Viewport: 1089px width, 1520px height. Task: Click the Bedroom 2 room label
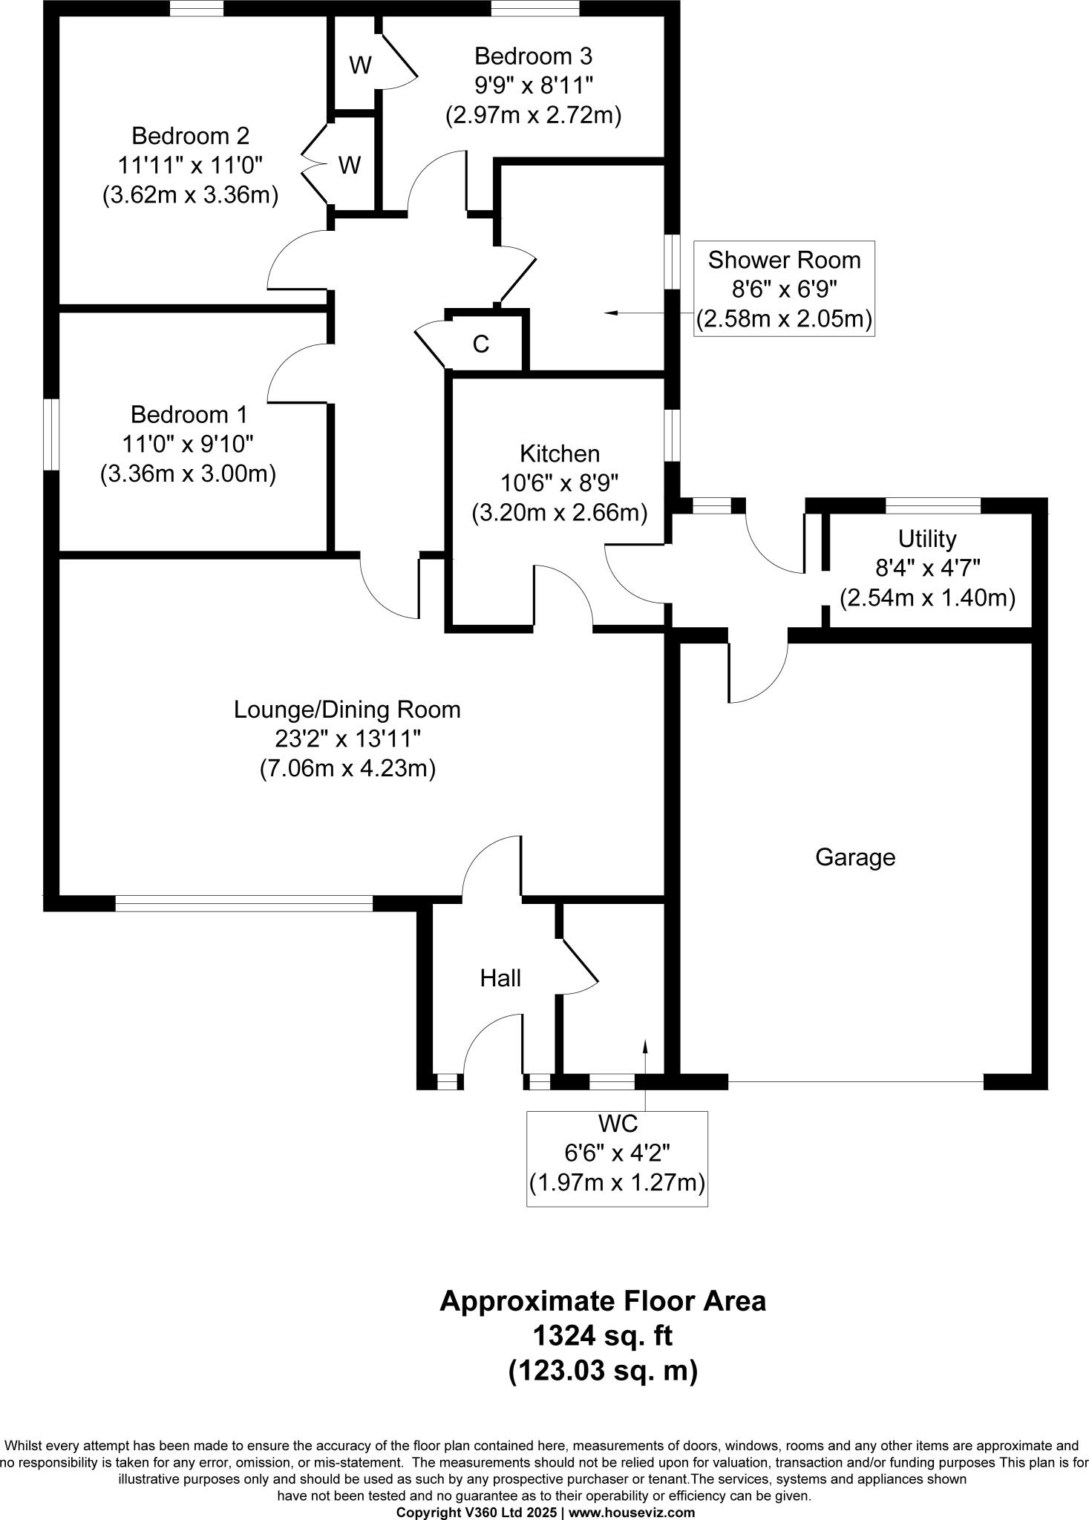point(190,136)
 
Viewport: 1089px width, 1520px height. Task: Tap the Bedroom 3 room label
point(533,56)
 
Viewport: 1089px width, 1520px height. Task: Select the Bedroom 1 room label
point(189,414)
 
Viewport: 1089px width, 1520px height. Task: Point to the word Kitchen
point(559,453)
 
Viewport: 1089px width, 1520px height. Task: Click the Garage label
point(855,857)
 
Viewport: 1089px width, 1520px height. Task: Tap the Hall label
point(500,978)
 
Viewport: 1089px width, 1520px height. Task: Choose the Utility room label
point(927,538)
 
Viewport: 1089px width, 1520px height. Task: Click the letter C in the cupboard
point(481,344)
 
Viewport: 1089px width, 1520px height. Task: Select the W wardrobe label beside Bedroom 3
point(360,65)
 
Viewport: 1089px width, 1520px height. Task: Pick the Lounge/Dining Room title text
point(347,710)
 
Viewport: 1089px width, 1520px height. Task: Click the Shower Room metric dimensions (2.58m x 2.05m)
point(784,319)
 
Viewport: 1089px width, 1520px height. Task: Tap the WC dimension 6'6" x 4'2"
point(617,1153)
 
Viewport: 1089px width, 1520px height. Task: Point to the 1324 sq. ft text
point(602,1337)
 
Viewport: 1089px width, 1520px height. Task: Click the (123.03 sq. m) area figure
point(602,1371)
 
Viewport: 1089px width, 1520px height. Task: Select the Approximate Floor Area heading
point(602,1301)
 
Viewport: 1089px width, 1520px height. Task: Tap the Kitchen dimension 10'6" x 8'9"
point(559,483)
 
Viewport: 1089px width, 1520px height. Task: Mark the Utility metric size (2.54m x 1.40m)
point(927,597)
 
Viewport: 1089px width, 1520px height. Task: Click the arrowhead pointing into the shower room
point(610,313)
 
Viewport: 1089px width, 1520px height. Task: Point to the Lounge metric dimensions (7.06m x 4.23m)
point(347,768)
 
